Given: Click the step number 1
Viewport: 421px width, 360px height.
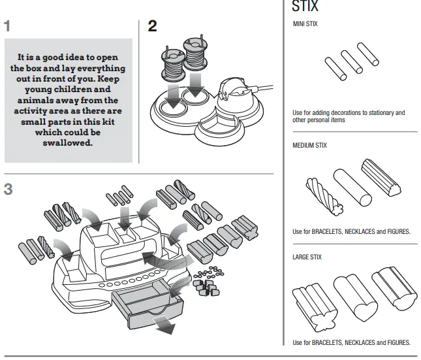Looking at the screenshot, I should click(7, 27).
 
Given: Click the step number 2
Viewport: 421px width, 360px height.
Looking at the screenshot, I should click(152, 26).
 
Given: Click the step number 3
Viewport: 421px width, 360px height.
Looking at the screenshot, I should click(8, 190).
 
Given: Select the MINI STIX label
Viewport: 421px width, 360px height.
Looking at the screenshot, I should click(305, 24).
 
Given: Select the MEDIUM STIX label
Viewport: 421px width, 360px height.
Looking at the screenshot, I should click(310, 145).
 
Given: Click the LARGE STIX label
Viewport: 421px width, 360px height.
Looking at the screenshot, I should click(308, 257).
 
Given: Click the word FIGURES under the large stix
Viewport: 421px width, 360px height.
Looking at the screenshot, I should click(396, 342).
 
